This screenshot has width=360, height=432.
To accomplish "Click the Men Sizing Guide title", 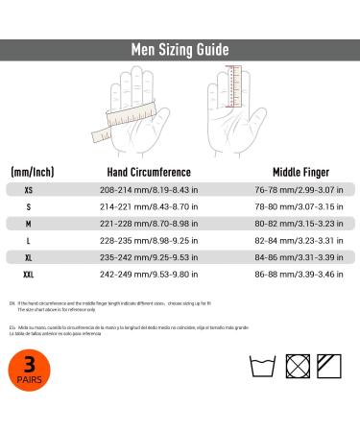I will [180, 50].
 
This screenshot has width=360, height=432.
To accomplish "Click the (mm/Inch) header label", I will [32, 171].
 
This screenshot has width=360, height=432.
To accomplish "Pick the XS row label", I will [28, 189].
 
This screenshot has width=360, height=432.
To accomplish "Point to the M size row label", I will [28, 224].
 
